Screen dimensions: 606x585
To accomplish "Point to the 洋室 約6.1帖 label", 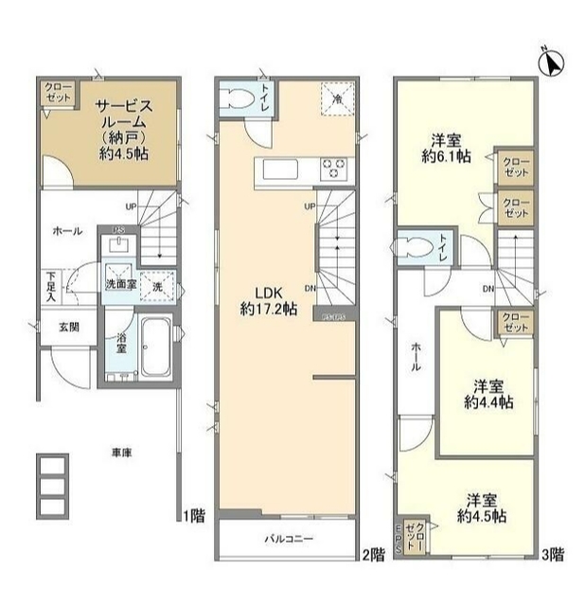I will click(445, 149).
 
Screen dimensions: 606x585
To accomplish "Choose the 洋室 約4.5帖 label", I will click(482, 508).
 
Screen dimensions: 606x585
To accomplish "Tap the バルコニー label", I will click(289, 539).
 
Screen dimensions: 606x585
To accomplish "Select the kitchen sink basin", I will click(281, 170).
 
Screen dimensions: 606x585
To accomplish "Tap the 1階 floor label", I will click(195, 517).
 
